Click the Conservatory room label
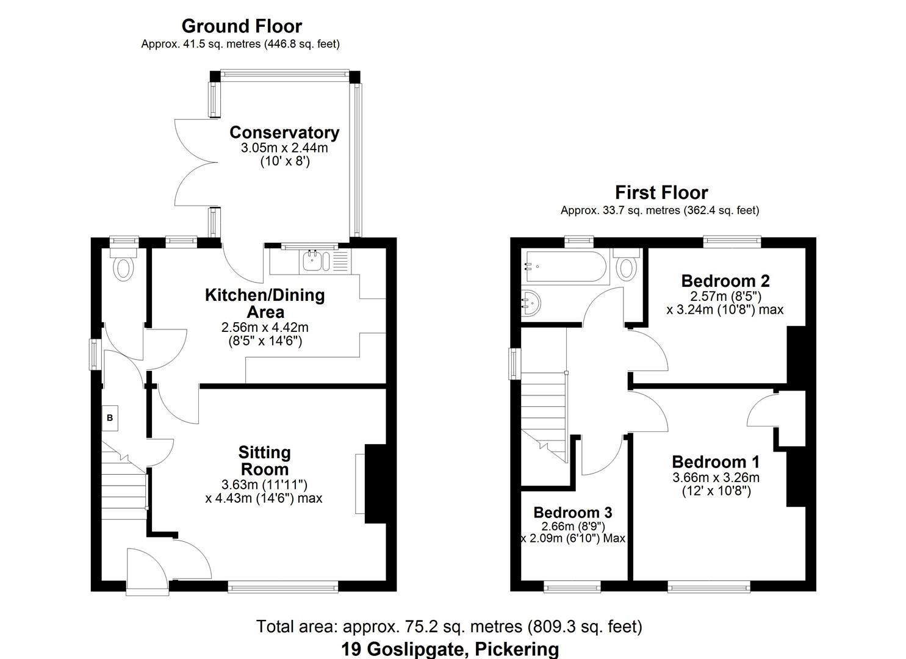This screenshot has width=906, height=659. (284, 132)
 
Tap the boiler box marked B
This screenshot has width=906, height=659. (110, 418)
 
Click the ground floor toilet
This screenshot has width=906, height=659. (124, 267)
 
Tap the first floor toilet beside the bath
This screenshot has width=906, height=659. (627, 267)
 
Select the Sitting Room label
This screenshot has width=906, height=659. (264, 461)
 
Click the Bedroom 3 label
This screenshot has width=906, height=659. (572, 512)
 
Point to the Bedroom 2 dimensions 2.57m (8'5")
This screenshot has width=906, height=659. (725, 296)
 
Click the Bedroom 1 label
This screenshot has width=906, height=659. (716, 462)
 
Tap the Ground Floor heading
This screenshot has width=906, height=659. (242, 26)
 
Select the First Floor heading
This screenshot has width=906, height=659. (661, 193)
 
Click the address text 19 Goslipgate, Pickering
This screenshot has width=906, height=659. (450, 649)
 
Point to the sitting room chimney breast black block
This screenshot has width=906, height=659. (376, 483)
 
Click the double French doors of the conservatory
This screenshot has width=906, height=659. (195, 162)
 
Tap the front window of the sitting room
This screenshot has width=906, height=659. (283, 587)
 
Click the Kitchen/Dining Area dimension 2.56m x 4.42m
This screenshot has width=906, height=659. (265, 328)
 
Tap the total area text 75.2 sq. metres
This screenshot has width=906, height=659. (449, 626)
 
